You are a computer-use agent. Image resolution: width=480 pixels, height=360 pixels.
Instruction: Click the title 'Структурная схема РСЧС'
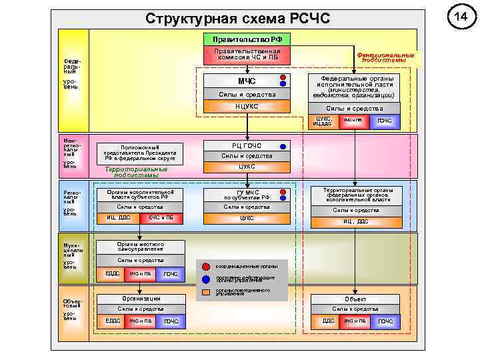237,19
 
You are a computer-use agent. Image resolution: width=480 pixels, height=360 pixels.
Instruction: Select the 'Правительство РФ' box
247,40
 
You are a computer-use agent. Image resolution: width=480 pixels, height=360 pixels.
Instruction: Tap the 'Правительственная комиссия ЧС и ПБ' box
247,55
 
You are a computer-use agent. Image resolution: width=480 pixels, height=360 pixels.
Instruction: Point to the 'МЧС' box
247,81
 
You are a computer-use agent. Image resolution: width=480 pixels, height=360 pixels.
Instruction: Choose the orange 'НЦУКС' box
247,107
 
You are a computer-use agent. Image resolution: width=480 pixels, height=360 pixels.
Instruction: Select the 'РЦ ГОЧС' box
247,145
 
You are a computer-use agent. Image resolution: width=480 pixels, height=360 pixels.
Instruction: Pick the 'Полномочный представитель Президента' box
139,153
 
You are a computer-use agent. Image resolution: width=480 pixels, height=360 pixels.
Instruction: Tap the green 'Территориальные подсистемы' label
137,171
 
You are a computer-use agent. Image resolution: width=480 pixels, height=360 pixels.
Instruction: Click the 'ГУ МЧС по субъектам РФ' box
247,195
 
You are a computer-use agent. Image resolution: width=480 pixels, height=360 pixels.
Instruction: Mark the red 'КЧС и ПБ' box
161,217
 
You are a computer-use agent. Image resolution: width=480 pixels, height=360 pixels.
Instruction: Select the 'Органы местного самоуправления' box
140,246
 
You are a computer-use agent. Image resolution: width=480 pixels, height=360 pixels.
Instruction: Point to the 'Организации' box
140,299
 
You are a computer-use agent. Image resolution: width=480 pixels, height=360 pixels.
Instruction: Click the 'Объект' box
354,299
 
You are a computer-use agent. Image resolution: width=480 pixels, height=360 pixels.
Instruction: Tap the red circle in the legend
206,266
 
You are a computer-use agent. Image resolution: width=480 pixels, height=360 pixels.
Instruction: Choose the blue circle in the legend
206,279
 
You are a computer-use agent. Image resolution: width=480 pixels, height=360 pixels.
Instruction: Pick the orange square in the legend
206,291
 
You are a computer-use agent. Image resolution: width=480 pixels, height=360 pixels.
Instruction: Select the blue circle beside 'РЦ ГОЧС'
283,145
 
